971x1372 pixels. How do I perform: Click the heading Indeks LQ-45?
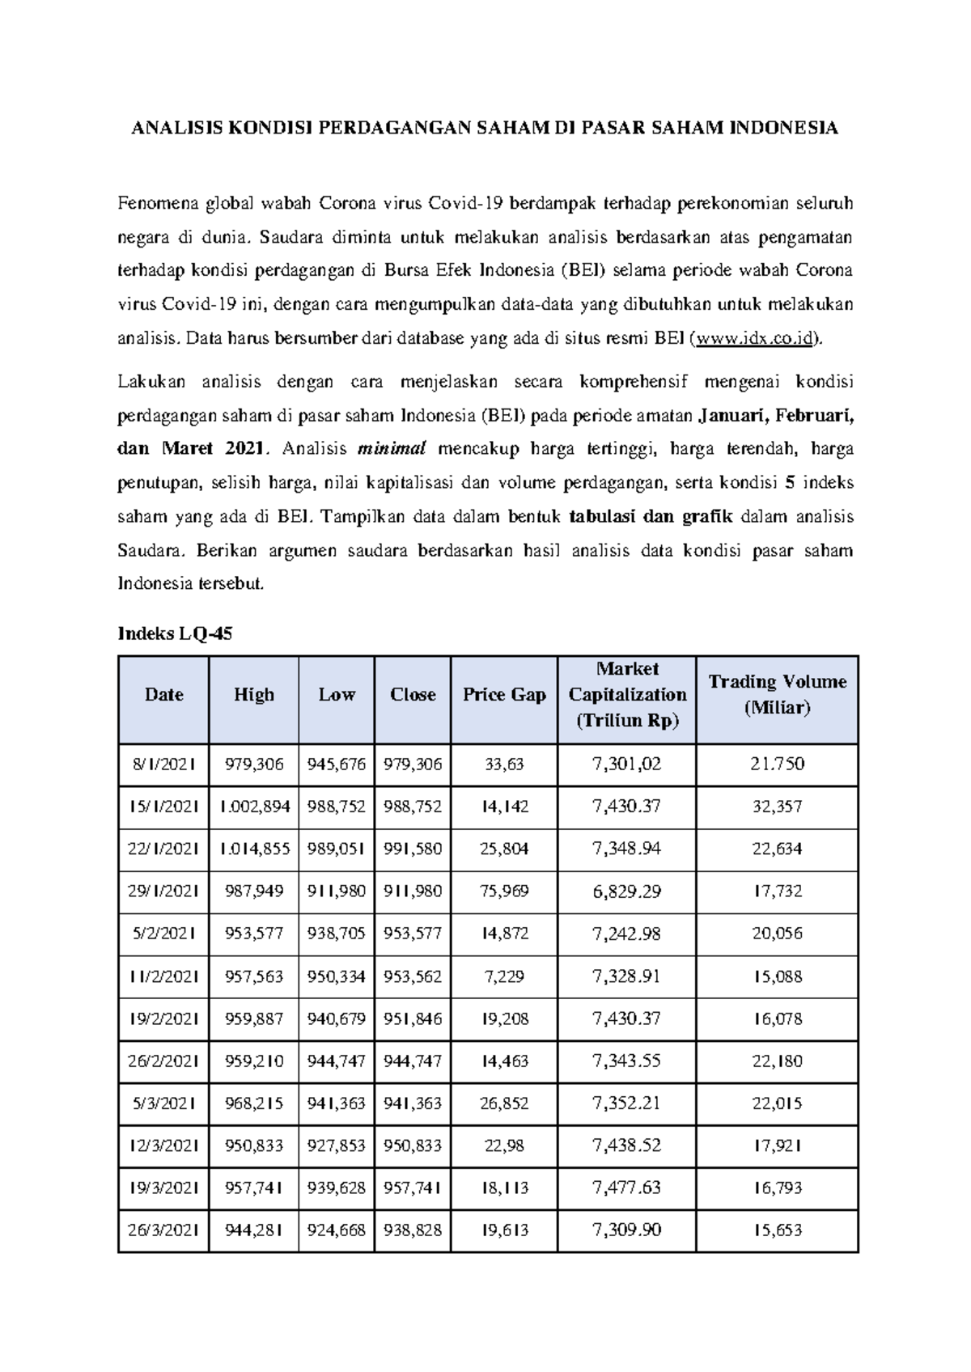[x=175, y=634]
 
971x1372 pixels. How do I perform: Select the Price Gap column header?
[x=504, y=695]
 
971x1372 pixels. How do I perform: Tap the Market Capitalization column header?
[x=627, y=695]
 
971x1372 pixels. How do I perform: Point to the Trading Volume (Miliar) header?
[x=777, y=695]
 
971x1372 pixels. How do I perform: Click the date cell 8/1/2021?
[x=163, y=764]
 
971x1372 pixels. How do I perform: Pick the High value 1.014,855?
[x=253, y=849]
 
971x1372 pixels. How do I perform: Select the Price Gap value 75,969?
[x=504, y=891]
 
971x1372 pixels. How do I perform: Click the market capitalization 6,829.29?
[x=627, y=891]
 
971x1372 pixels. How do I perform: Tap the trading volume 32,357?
[x=777, y=807]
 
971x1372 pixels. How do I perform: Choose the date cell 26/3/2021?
[x=163, y=1230]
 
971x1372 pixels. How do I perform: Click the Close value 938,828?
[x=413, y=1230]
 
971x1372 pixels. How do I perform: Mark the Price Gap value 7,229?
[x=504, y=976]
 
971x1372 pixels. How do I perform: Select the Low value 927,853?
[x=337, y=1145]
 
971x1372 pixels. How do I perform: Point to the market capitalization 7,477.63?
[x=627, y=1188]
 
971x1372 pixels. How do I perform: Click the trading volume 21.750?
[x=777, y=764]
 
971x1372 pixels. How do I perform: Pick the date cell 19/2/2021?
[x=163, y=1018]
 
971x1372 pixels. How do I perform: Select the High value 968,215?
[x=253, y=1103]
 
